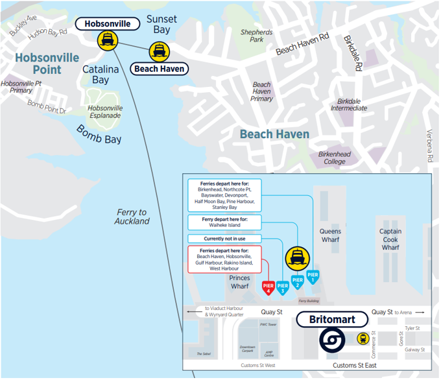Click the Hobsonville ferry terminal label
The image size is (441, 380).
click(108, 24)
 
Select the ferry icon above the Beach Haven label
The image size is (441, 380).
click(158, 51)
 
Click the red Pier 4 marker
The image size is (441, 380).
click(268, 286)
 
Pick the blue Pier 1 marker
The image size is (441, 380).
click(313, 276)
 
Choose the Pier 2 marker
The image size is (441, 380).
click(298, 281)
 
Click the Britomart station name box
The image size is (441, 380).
click(331, 320)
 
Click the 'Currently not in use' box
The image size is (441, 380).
click(224, 239)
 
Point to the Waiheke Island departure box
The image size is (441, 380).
click(224, 222)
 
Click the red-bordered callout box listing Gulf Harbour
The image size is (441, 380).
click(224, 259)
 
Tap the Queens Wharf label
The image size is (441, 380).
click(330, 235)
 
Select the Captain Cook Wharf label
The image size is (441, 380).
click(390, 239)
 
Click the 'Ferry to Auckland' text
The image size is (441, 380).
click(132, 217)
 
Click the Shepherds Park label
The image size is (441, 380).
click(256, 36)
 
